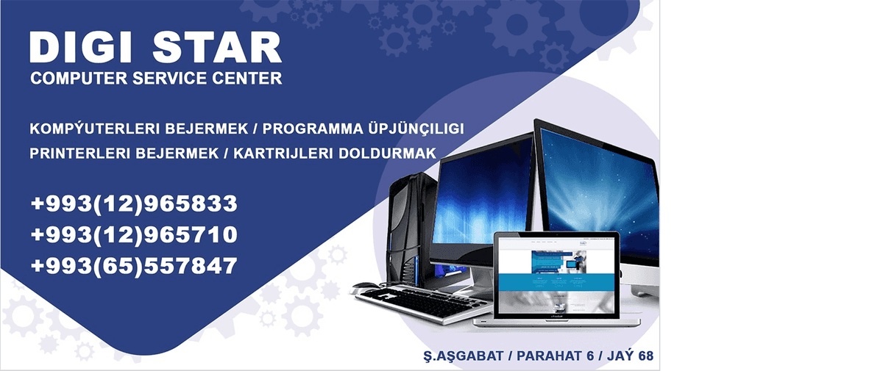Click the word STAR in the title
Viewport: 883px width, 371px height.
pyautogui.click(x=217, y=47)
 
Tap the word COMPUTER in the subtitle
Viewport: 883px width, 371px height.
pyautogui.click(x=79, y=79)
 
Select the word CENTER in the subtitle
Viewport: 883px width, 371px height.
pyautogui.click(x=247, y=79)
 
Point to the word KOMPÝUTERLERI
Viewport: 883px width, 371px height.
pyautogui.click(x=95, y=129)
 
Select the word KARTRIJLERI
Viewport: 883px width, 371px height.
pyautogui.click(x=283, y=154)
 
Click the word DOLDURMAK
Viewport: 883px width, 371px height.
pyautogui.click(x=387, y=154)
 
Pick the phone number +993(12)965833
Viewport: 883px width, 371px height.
pyautogui.click(x=134, y=203)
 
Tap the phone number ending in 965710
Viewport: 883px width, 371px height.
pyautogui.click(x=134, y=234)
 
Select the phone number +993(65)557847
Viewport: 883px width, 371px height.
pyautogui.click(x=134, y=265)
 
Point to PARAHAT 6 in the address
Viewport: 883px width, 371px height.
pyautogui.click(x=555, y=356)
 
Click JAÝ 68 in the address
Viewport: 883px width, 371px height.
pyautogui.click(x=630, y=356)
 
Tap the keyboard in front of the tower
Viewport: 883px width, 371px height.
pyautogui.click(x=422, y=303)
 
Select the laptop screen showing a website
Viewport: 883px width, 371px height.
pyautogui.click(x=556, y=275)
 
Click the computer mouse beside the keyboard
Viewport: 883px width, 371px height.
pyautogui.click(x=365, y=287)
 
